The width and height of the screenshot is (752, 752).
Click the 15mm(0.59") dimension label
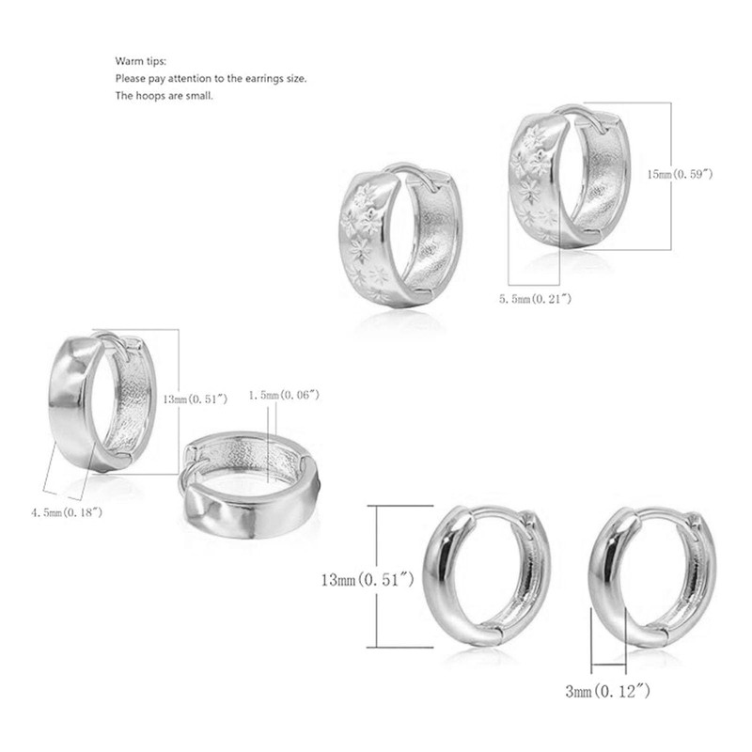[680, 175]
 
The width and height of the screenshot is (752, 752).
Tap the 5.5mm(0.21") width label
[535, 299]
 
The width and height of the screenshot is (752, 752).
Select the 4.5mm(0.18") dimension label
[67, 512]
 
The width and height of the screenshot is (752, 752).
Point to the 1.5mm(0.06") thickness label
[284, 395]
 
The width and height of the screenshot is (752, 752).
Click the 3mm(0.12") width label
[607, 691]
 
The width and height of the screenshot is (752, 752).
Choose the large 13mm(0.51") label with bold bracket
[368, 580]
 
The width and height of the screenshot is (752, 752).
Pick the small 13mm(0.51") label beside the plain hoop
[196, 399]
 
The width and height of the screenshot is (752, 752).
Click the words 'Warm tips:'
[140, 61]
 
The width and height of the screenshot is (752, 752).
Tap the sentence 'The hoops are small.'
[164, 96]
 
